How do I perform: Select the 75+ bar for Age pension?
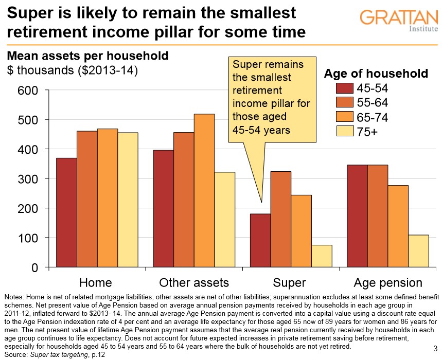point(418,251)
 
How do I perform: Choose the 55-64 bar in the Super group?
point(280,219)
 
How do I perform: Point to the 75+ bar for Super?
point(322,256)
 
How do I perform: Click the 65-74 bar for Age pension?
point(398,226)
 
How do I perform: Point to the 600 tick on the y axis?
point(28,91)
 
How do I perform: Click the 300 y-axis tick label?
point(28,179)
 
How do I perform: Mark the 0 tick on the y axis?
point(34,268)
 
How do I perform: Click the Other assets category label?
point(194,282)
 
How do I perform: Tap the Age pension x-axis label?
point(388,282)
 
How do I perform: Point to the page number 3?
point(435,348)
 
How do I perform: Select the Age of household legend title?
point(376,74)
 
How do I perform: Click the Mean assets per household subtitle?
point(87,55)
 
